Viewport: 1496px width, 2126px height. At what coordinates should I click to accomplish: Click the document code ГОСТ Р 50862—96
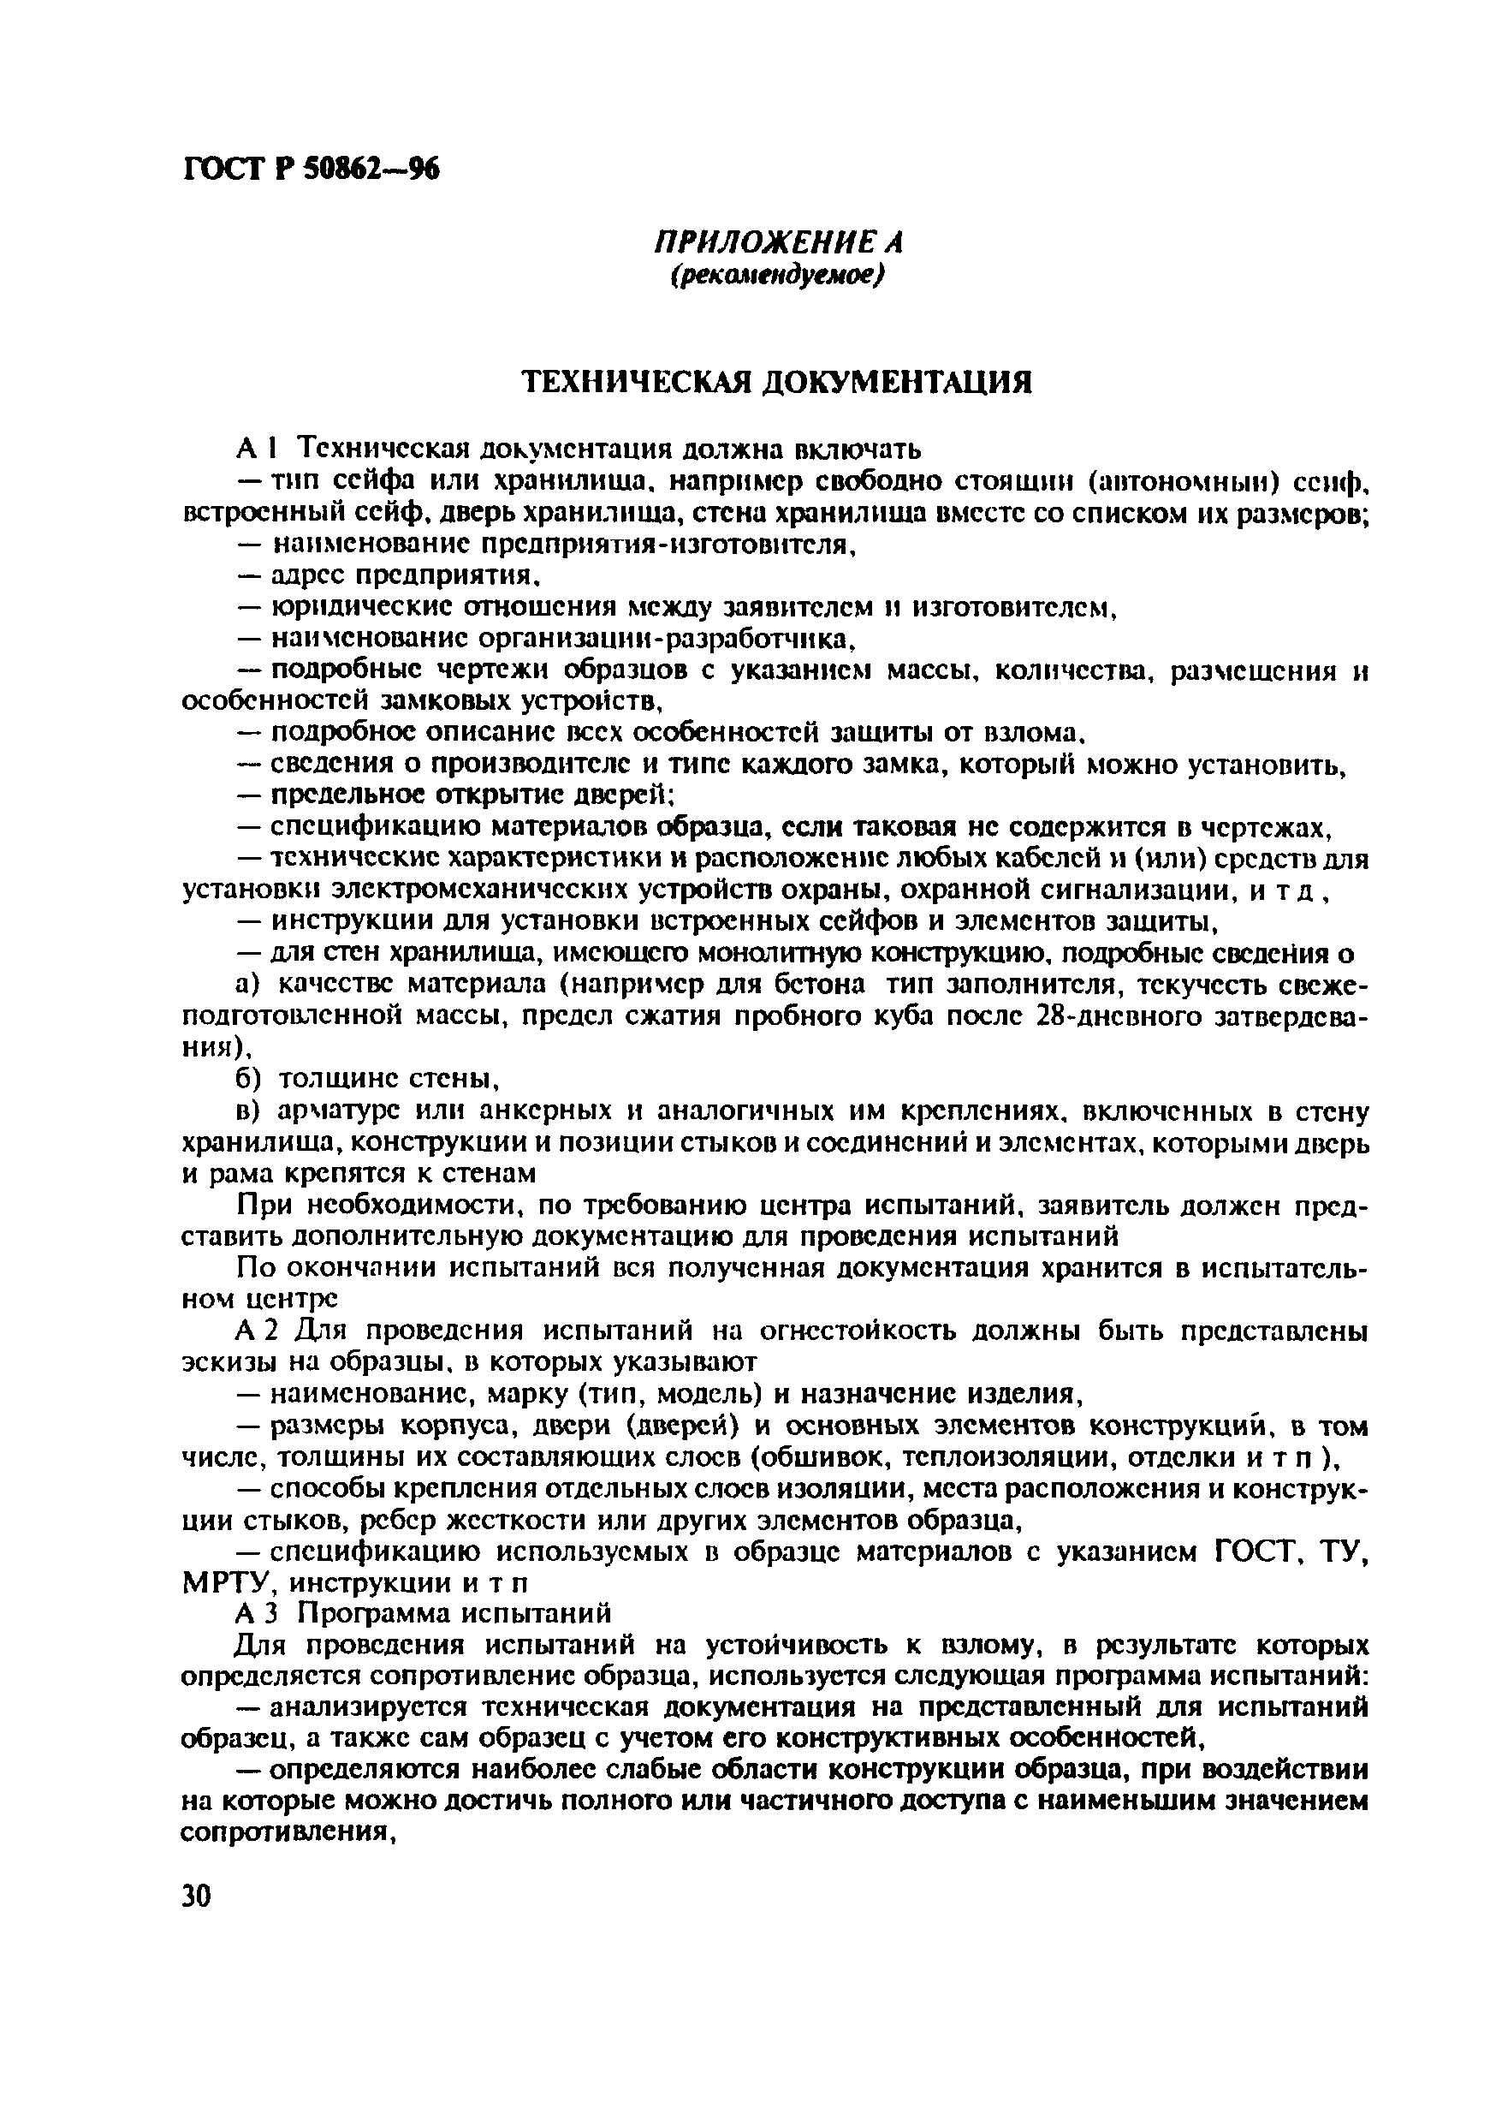pos(310,169)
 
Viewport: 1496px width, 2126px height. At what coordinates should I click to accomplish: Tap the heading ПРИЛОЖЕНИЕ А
pos(778,242)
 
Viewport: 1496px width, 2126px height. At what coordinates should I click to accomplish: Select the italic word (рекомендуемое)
pos(778,275)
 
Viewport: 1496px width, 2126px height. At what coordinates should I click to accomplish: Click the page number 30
pos(196,1896)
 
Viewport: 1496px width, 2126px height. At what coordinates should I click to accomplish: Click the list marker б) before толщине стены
pos(248,1079)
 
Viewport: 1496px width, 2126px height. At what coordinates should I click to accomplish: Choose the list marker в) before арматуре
pos(248,1111)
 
